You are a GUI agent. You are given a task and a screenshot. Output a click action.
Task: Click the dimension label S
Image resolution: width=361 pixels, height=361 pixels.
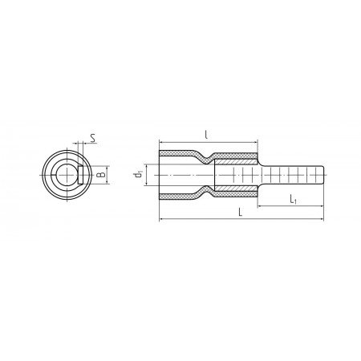[x=93, y=138]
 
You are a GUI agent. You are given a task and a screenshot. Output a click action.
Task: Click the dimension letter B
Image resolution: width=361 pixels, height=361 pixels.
[x=101, y=175]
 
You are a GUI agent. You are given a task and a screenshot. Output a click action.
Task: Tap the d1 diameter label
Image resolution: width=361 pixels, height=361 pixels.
[x=138, y=175]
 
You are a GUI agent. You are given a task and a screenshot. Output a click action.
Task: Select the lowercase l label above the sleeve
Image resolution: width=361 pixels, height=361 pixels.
[x=206, y=135]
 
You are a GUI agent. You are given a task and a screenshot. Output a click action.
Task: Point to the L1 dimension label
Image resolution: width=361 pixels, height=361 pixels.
[x=294, y=199]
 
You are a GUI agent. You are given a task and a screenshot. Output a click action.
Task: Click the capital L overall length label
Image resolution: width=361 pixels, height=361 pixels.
[x=241, y=213]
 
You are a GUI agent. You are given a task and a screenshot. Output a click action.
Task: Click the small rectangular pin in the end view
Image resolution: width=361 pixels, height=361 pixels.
[x=80, y=175]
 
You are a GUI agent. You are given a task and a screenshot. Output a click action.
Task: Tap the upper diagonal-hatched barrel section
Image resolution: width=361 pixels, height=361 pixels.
[x=236, y=162]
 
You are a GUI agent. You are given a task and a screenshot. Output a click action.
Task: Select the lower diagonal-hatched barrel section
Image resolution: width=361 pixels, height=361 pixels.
[x=236, y=189]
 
